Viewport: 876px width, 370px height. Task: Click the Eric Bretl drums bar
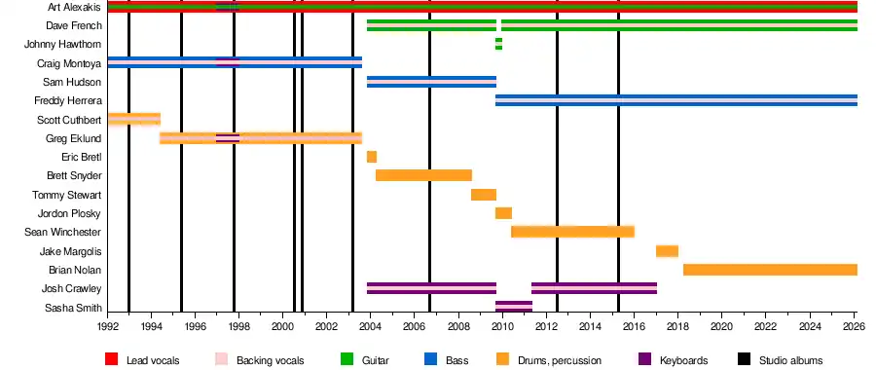pos(372,157)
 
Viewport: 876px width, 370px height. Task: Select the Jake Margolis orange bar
pos(667,251)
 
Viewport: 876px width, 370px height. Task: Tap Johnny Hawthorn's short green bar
pos(498,44)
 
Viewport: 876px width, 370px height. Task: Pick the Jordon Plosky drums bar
pos(503,213)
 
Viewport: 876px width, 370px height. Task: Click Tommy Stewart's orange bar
pos(484,195)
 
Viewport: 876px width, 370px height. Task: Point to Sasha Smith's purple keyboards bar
pos(514,307)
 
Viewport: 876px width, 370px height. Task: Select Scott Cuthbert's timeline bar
pos(134,120)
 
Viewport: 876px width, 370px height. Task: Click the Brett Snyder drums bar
pos(424,175)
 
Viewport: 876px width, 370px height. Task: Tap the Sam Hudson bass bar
pos(432,82)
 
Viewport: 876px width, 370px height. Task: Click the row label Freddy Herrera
pos(67,101)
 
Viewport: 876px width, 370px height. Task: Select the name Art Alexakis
pos(75,7)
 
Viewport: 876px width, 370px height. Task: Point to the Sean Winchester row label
pos(63,232)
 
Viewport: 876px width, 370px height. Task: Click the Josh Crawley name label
pos(71,289)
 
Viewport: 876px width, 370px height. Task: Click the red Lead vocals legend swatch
pos(112,359)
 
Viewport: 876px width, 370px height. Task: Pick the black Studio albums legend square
pos(745,359)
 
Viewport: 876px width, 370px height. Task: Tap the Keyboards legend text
pos(684,360)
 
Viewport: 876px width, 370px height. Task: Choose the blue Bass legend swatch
pos(431,359)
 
